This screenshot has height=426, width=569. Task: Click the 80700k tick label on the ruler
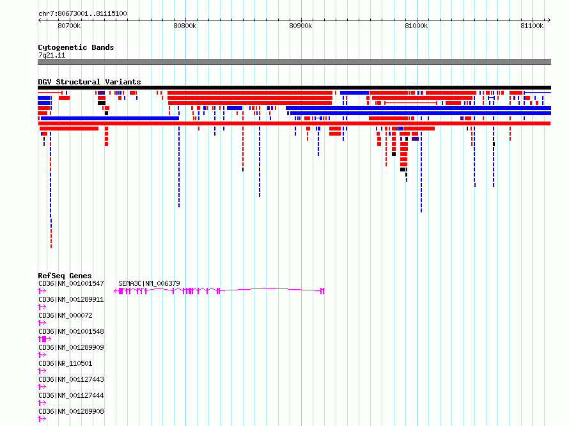tap(69, 26)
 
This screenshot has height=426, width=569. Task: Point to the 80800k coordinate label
tap(185, 26)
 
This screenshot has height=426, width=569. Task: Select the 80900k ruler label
tap(300, 26)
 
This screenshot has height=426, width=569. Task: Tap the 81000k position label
tap(416, 26)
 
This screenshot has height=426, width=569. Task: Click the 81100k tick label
tap(532, 26)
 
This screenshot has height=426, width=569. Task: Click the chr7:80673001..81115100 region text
tap(82, 14)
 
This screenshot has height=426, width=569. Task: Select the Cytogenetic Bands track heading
tap(76, 47)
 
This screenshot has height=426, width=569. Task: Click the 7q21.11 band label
tap(52, 55)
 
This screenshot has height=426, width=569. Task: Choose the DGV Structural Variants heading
tap(90, 82)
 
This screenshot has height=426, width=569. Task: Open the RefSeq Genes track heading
tap(65, 276)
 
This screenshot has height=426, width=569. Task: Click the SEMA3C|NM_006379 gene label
tap(149, 283)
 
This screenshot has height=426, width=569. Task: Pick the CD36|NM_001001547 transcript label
tap(71, 283)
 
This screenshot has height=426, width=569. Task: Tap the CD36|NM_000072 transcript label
tap(65, 315)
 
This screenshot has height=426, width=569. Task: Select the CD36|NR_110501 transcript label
tap(65, 363)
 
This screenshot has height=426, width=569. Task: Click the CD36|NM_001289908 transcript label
tap(71, 411)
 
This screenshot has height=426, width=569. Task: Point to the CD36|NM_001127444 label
tap(71, 395)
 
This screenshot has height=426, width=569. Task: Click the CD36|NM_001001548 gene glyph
tap(44, 339)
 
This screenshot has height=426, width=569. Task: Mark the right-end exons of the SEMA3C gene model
tap(322, 291)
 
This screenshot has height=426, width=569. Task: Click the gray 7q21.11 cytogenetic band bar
tap(294, 62)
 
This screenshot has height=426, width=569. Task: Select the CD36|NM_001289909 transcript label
tap(71, 347)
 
